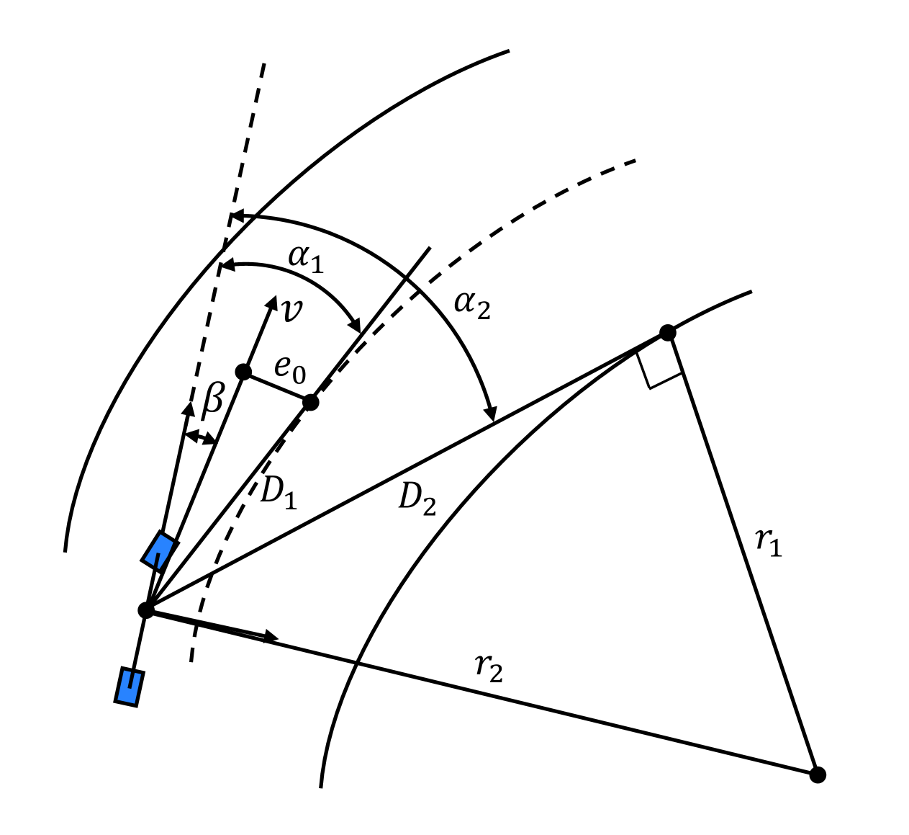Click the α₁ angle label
[x=306, y=259]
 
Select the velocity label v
[x=291, y=311]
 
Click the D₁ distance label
[x=278, y=494]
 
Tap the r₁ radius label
[x=769, y=541]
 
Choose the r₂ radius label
[x=489, y=668]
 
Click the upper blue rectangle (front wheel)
[x=160, y=552]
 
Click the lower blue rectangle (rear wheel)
[x=129, y=687]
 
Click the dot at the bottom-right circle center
[x=818, y=774]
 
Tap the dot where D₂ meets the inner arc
[x=668, y=333]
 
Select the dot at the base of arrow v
[x=244, y=372]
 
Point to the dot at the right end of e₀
[x=310, y=402]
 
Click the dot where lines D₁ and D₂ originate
[x=146, y=610]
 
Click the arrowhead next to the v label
[x=272, y=303]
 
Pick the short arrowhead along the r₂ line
[x=271, y=636]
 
